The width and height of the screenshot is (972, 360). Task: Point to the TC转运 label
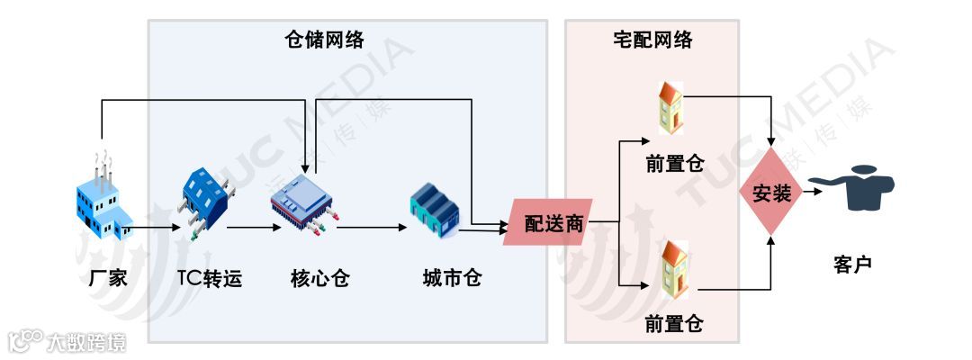click(x=210, y=278)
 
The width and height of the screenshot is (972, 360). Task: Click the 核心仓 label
click(x=319, y=278)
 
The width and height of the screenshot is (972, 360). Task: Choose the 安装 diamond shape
click(x=770, y=193)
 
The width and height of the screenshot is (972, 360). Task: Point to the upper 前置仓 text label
click(x=674, y=164)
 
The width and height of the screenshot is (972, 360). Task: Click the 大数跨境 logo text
click(x=85, y=342)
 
